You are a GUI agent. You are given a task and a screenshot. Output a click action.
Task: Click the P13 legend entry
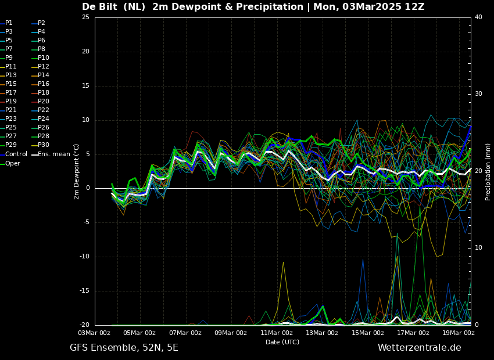point(8,75)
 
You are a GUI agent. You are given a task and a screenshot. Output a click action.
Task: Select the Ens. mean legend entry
point(51,154)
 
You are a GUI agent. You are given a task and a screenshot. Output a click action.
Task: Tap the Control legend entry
point(13,154)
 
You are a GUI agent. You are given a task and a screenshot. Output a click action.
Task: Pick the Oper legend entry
point(10,163)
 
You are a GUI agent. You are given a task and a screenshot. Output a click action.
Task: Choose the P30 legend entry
point(41,145)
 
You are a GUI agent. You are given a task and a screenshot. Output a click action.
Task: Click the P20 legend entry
point(41,102)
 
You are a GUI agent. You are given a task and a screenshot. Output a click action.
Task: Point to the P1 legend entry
point(6,23)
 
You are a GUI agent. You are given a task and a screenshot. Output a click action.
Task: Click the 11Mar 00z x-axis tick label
point(277,333)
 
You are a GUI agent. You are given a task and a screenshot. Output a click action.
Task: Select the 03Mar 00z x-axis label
point(95,333)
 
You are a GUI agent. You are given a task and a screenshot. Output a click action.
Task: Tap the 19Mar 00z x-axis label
point(458,333)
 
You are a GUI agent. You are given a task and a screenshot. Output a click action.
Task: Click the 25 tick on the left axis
point(85,17)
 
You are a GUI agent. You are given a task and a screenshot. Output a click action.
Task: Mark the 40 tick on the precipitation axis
point(478,17)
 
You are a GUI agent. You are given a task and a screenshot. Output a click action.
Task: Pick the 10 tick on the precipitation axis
point(478,248)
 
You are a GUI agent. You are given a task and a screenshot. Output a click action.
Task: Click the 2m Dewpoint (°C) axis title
point(76,171)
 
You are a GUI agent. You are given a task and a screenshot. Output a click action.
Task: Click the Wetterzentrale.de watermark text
point(420,348)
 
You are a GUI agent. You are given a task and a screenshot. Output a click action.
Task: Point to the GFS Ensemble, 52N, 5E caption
point(124,348)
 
